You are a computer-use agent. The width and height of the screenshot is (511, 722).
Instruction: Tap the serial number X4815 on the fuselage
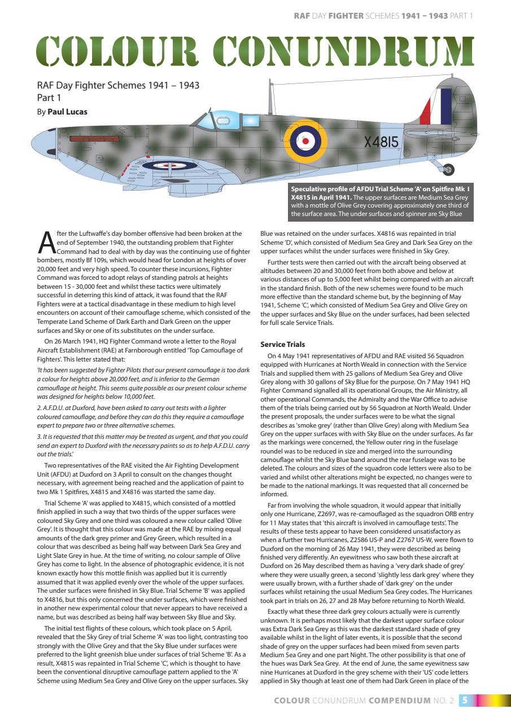[x=382, y=142]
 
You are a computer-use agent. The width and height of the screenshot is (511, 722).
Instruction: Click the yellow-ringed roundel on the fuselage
[x=305, y=140]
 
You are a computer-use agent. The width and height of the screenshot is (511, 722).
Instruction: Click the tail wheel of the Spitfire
[x=449, y=169]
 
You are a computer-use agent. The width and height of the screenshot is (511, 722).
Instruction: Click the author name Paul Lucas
[x=67, y=112]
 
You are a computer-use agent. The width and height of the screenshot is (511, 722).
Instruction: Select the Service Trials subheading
[x=282, y=344]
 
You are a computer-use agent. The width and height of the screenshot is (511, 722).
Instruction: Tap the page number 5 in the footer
[x=464, y=701]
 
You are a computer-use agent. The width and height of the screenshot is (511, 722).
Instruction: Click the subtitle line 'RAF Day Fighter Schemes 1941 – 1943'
[x=117, y=86]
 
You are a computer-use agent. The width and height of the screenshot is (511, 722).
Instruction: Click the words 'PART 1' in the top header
[x=462, y=16]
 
